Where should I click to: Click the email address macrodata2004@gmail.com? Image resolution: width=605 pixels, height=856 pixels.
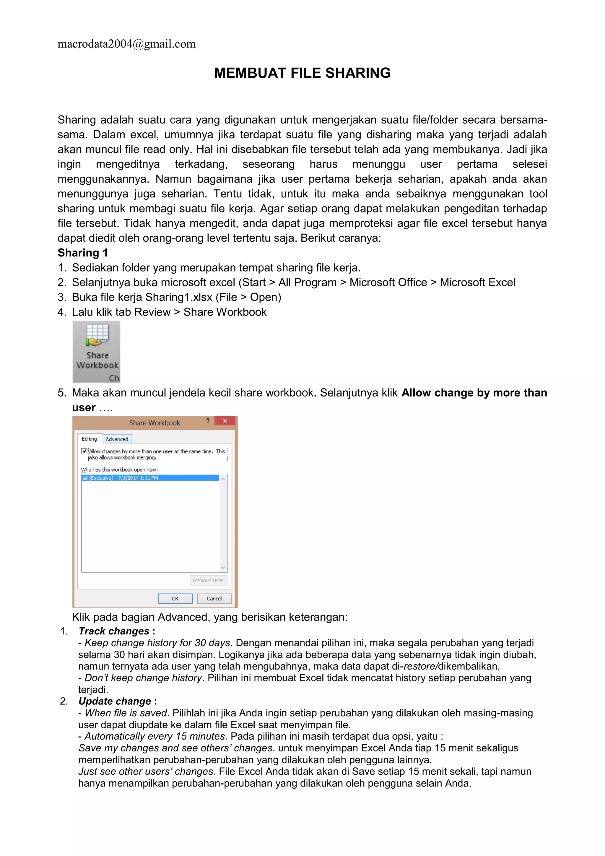tap(126, 44)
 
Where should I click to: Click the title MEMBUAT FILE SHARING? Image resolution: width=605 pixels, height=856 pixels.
tap(302, 73)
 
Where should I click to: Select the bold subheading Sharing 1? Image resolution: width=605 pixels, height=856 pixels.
tap(83, 253)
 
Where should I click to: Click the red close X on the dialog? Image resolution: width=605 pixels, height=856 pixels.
tap(225, 421)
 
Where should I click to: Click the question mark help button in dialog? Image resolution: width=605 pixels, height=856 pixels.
tap(208, 421)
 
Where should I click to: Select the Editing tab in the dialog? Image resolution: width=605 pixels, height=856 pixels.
tap(89, 439)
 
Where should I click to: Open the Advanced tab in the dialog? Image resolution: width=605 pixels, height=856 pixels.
tap(117, 439)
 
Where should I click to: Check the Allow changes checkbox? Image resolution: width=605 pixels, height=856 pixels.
tap(84, 451)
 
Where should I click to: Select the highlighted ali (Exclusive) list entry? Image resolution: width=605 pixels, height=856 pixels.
tap(149, 478)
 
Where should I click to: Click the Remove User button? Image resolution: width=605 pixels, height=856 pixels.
tap(208, 581)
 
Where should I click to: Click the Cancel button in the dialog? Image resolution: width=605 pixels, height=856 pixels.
tap(214, 598)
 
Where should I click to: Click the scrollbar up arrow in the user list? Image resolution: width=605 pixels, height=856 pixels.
tap(223, 479)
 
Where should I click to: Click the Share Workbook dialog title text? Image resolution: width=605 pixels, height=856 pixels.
tap(154, 423)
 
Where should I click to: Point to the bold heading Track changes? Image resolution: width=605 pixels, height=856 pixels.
tap(114, 631)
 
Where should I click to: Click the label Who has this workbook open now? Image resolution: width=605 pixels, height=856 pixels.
tap(119, 470)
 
